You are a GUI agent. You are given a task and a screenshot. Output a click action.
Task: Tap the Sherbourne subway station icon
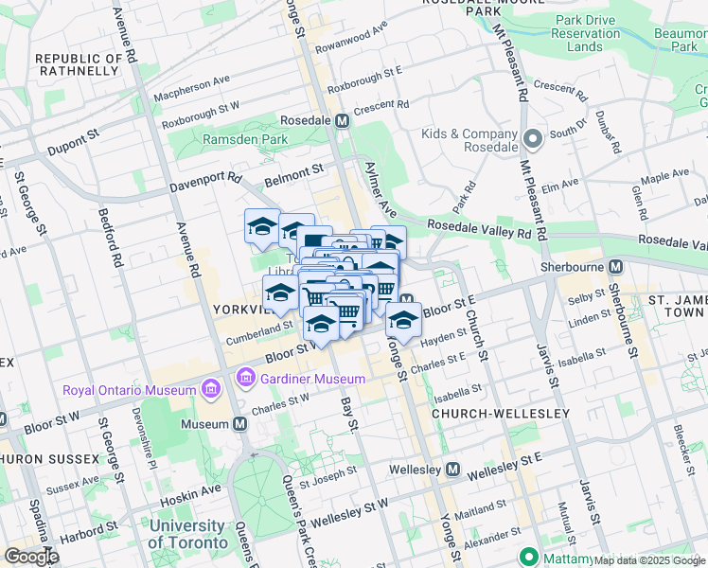pos(615,268)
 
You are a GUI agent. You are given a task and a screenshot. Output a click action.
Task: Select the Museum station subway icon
pos(240,423)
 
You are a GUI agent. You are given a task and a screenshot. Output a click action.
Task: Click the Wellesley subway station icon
pos(453,470)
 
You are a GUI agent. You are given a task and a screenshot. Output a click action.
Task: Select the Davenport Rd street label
pos(205,182)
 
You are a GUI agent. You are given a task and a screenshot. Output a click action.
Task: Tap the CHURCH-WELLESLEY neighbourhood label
pos(500,414)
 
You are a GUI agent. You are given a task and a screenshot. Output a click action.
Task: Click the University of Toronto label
pos(187,535)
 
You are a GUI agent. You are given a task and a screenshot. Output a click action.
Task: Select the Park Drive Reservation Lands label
pos(592,33)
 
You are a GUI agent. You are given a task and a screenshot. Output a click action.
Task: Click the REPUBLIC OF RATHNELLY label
pos(80,65)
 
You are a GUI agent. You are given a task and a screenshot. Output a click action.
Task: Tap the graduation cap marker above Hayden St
pos(404,320)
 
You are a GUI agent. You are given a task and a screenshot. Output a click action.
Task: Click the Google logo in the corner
pos(31,557)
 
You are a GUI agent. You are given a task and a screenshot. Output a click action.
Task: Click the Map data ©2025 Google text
pos(648,560)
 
